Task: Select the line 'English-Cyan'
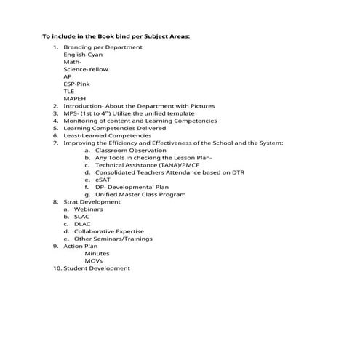click(83, 55)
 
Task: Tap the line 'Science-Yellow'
click(86, 69)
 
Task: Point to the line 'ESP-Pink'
click(76, 84)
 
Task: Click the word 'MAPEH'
click(74, 99)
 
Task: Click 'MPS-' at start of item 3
click(71, 113)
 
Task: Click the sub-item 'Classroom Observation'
click(130, 151)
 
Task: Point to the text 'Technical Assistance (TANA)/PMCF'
click(147, 165)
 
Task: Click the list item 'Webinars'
click(88, 209)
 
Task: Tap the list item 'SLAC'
click(81, 217)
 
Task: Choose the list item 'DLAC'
click(81, 224)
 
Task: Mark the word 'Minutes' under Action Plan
click(97, 254)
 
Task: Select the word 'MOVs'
click(94, 261)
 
